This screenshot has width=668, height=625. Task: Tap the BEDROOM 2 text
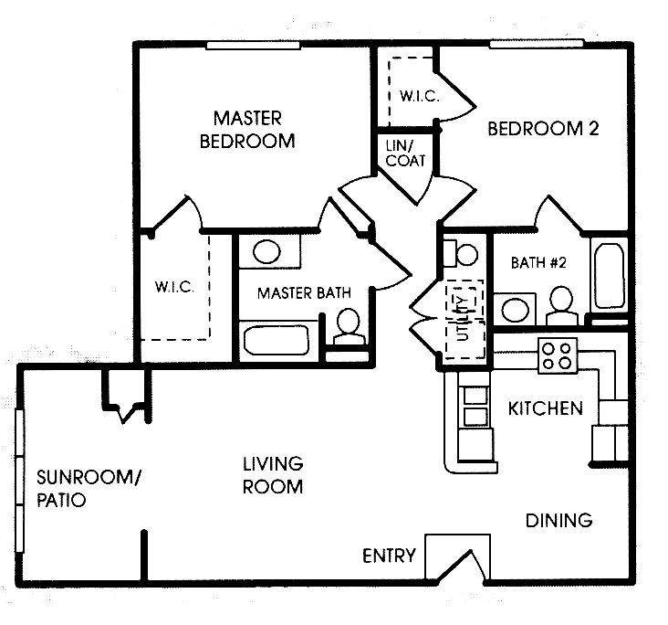point(543,129)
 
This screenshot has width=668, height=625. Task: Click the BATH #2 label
point(538,263)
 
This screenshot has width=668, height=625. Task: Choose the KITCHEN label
point(545,408)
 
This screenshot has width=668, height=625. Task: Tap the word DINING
point(558,521)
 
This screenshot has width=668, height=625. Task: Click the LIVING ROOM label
point(273,475)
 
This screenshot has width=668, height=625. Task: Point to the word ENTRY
point(389,556)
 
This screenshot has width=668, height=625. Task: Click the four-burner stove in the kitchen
point(557,355)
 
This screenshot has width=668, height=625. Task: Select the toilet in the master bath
point(346,327)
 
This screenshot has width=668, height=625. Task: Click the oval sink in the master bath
point(266,252)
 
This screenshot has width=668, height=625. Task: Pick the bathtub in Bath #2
point(608,273)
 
